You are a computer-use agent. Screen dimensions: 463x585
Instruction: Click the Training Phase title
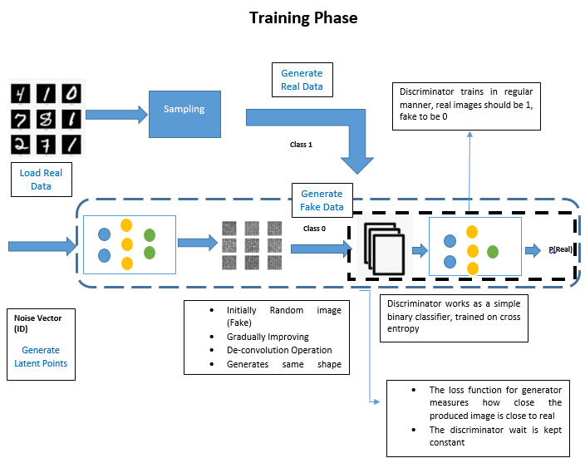pyautogui.click(x=303, y=17)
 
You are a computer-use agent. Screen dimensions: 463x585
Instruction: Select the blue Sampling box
pyautogui.click(x=184, y=110)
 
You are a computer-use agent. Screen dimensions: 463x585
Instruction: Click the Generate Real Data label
pyautogui.click(x=302, y=81)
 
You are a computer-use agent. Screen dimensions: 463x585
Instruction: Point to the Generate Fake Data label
pyautogui.click(x=322, y=200)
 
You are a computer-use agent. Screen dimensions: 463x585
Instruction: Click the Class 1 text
pyautogui.click(x=301, y=145)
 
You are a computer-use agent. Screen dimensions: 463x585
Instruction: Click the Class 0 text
pyautogui.click(x=315, y=228)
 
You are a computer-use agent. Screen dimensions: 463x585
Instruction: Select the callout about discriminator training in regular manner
pyautogui.click(x=467, y=106)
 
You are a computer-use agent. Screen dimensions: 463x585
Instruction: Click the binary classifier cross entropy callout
pyautogui.click(x=454, y=318)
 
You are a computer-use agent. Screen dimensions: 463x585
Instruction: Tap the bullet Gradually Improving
pyautogui.click(x=268, y=337)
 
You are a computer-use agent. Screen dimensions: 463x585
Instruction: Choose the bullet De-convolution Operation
pyautogui.click(x=279, y=350)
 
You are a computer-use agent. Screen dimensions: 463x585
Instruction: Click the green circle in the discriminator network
pyautogui.click(x=493, y=251)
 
